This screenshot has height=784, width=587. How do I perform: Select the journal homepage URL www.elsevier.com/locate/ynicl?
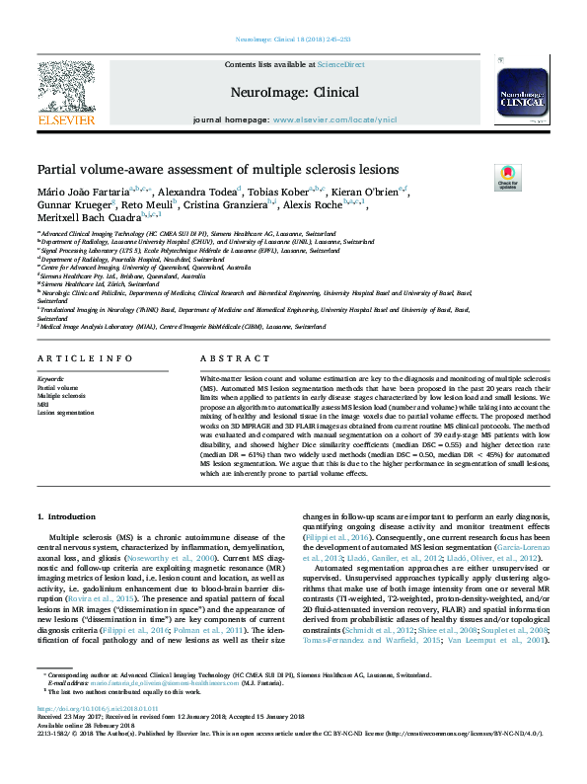333,119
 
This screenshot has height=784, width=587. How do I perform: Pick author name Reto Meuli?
145,204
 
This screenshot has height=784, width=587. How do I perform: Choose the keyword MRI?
43,404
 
